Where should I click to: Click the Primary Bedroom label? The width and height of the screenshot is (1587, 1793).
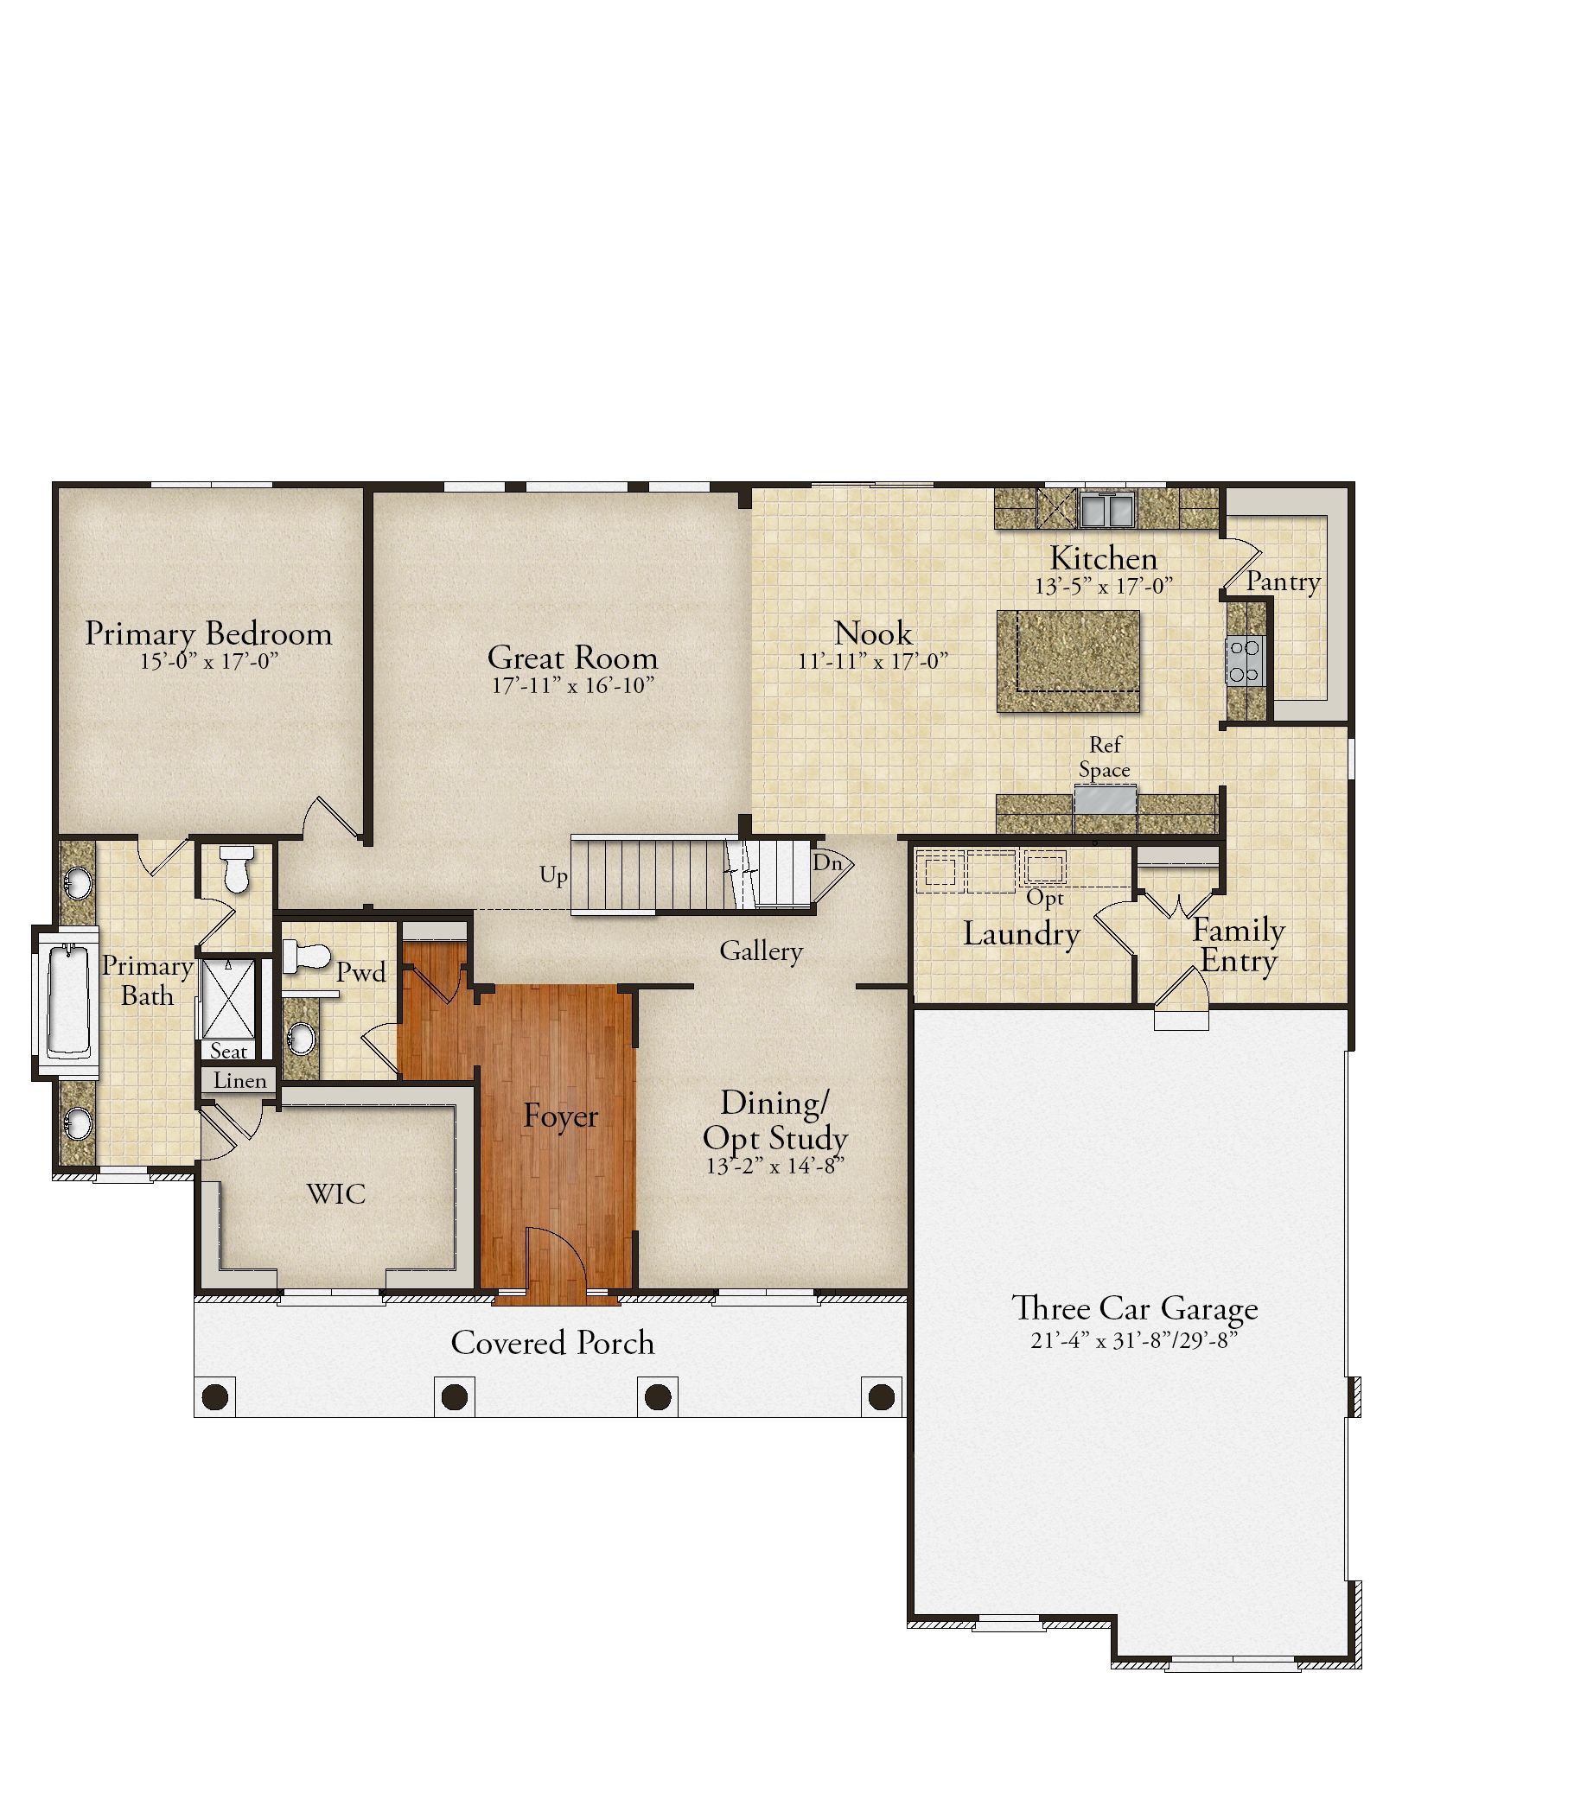coord(208,633)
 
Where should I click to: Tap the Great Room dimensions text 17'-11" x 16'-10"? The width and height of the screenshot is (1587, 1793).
coord(573,685)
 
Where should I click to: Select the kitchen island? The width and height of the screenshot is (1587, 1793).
coord(1068,661)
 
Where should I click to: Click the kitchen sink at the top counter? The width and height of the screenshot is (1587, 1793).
coord(1107,509)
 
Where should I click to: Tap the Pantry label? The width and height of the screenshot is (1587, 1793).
coord(1284,582)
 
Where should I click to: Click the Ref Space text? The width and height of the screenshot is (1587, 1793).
coord(1105,757)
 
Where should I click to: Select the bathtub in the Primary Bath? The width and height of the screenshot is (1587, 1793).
coord(67,1000)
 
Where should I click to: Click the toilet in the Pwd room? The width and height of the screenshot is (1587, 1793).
coord(303,957)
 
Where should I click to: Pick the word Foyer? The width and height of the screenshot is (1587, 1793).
coord(561,1116)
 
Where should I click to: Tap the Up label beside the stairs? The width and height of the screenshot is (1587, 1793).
coord(553,875)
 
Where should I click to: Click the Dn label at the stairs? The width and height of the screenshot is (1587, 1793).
coord(827,862)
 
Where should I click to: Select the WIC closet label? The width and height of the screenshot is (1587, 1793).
coord(336,1193)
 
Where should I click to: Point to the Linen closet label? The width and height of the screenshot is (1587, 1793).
coord(240,1081)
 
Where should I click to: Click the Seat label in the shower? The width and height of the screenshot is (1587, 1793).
coord(229,1051)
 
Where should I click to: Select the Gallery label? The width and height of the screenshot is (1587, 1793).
coord(762,951)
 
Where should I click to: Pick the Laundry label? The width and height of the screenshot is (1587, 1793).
coord(1021,934)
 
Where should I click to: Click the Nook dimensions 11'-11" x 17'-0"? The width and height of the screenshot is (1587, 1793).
coord(873,660)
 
